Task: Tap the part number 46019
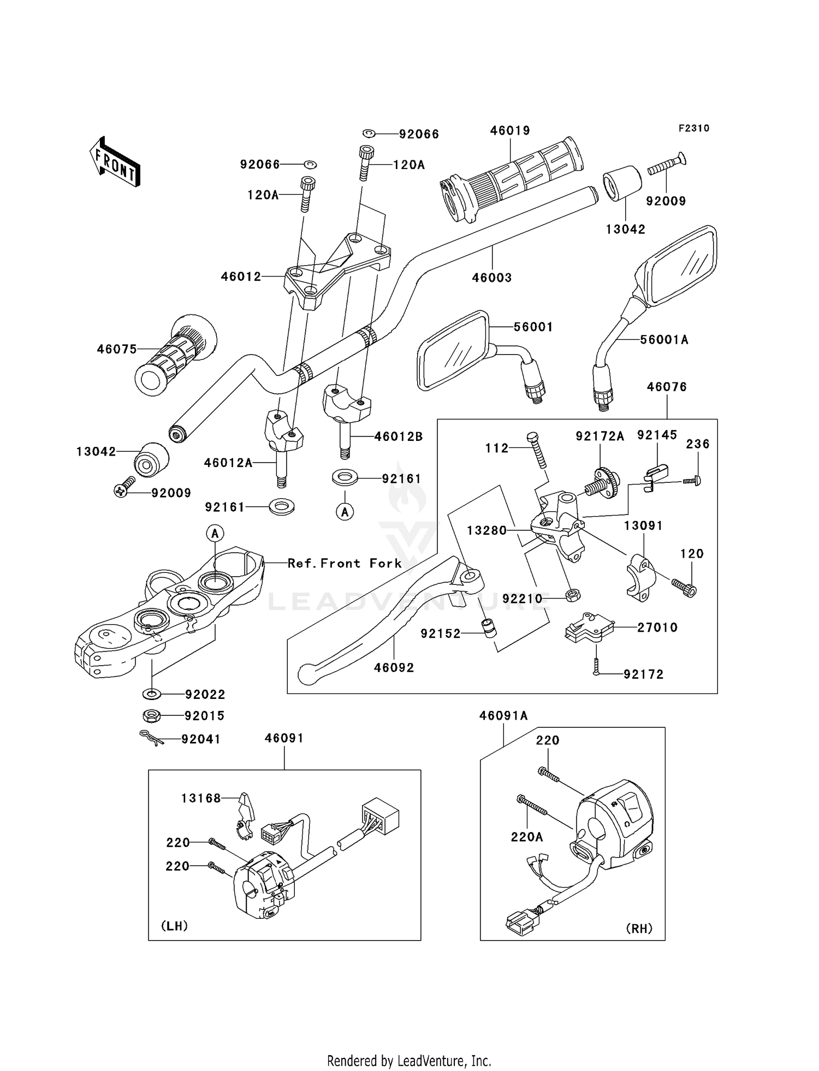click(x=510, y=131)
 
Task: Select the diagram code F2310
click(x=693, y=128)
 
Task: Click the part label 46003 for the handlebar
click(x=492, y=278)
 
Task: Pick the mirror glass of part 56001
click(x=453, y=350)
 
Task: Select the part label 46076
click(x=667, y=387)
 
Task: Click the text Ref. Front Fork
click(x=345, y=563)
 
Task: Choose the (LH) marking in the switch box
click(x=175, y=926)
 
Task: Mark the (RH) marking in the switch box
click(x=639, y=928)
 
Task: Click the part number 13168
click(x=201, y=798)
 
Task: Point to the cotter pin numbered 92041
click(x=151, y=738)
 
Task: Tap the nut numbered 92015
click(x=151, y=715)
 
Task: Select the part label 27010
click(x=657, y=627)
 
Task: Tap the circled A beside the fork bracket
click(x=215, y=533)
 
